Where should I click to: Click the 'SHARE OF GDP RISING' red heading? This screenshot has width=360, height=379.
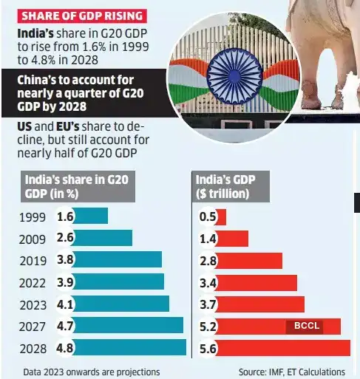[72, 16]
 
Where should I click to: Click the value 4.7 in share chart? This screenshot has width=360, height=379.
[64, 326]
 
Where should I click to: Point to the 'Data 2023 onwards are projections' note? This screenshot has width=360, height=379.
[92, 371]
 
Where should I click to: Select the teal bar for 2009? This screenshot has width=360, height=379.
[103, 238]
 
